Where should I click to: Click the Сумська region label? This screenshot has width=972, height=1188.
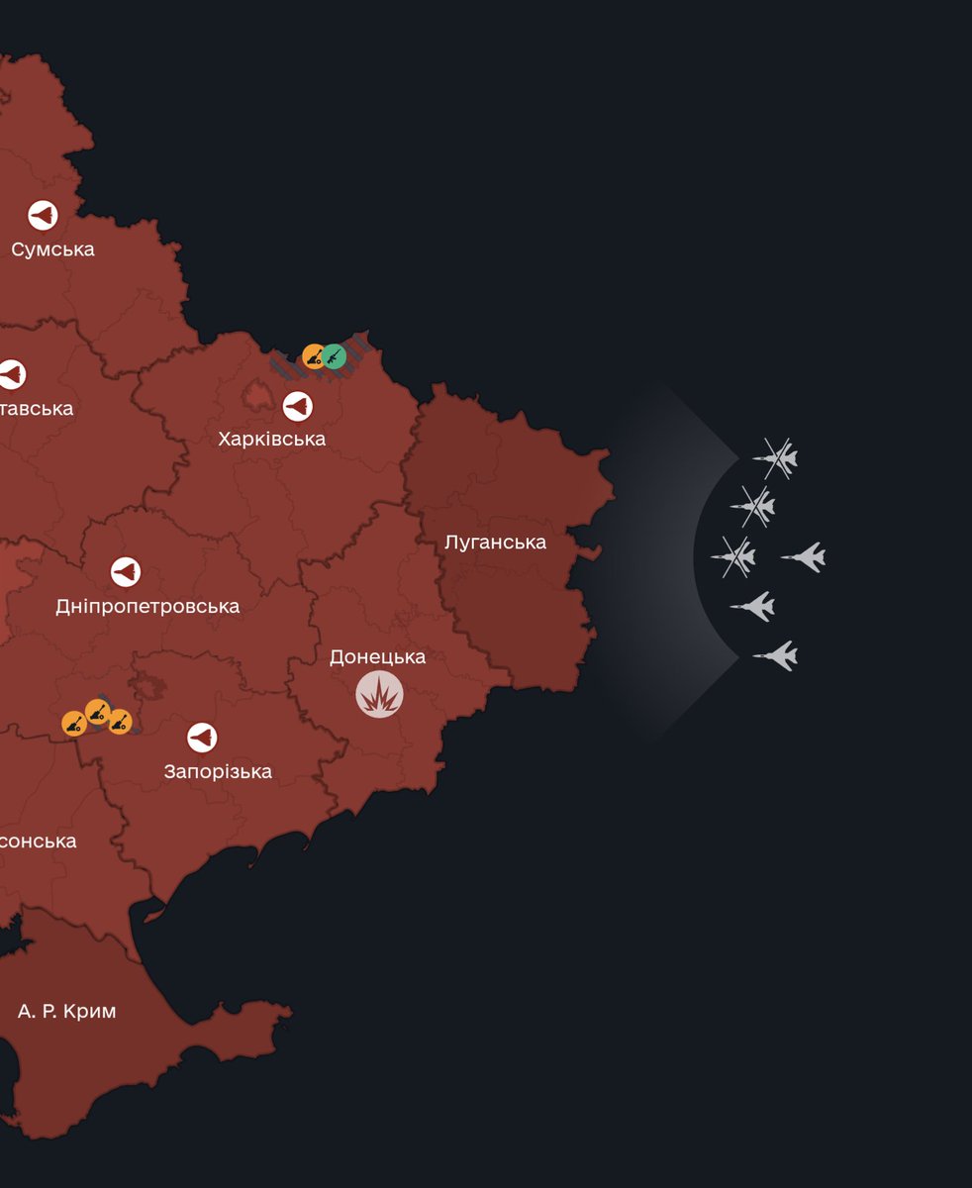[53, 248]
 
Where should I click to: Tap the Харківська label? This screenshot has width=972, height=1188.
[272, 439]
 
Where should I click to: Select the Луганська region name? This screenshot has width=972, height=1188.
[495, 543]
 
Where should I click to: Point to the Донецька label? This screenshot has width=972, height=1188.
[377, 657]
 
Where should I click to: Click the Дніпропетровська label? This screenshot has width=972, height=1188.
[147, 606]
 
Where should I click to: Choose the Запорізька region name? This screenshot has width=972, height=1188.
[218, 771]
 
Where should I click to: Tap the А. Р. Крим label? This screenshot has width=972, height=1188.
[67, 1011]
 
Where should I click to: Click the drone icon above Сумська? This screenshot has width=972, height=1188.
[43, 215]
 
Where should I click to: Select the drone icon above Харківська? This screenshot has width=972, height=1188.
[297, 406]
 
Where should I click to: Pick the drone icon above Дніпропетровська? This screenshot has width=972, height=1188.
[126, 571]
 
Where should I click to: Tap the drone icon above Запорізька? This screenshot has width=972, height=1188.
[202, 737]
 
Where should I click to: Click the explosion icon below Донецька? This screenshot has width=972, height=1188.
[380, 694]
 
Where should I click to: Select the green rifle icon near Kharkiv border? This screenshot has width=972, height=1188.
[334, 356]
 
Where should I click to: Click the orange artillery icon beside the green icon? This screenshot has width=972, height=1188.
[314, 355]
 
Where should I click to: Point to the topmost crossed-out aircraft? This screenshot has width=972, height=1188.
[775, 457]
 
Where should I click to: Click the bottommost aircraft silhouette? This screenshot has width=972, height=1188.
[775, 654]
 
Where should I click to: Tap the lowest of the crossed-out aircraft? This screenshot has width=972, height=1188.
[733, 556]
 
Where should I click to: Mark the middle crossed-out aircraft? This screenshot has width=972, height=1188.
[753, 507]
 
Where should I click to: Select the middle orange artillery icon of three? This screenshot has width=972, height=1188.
[97, 711]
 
